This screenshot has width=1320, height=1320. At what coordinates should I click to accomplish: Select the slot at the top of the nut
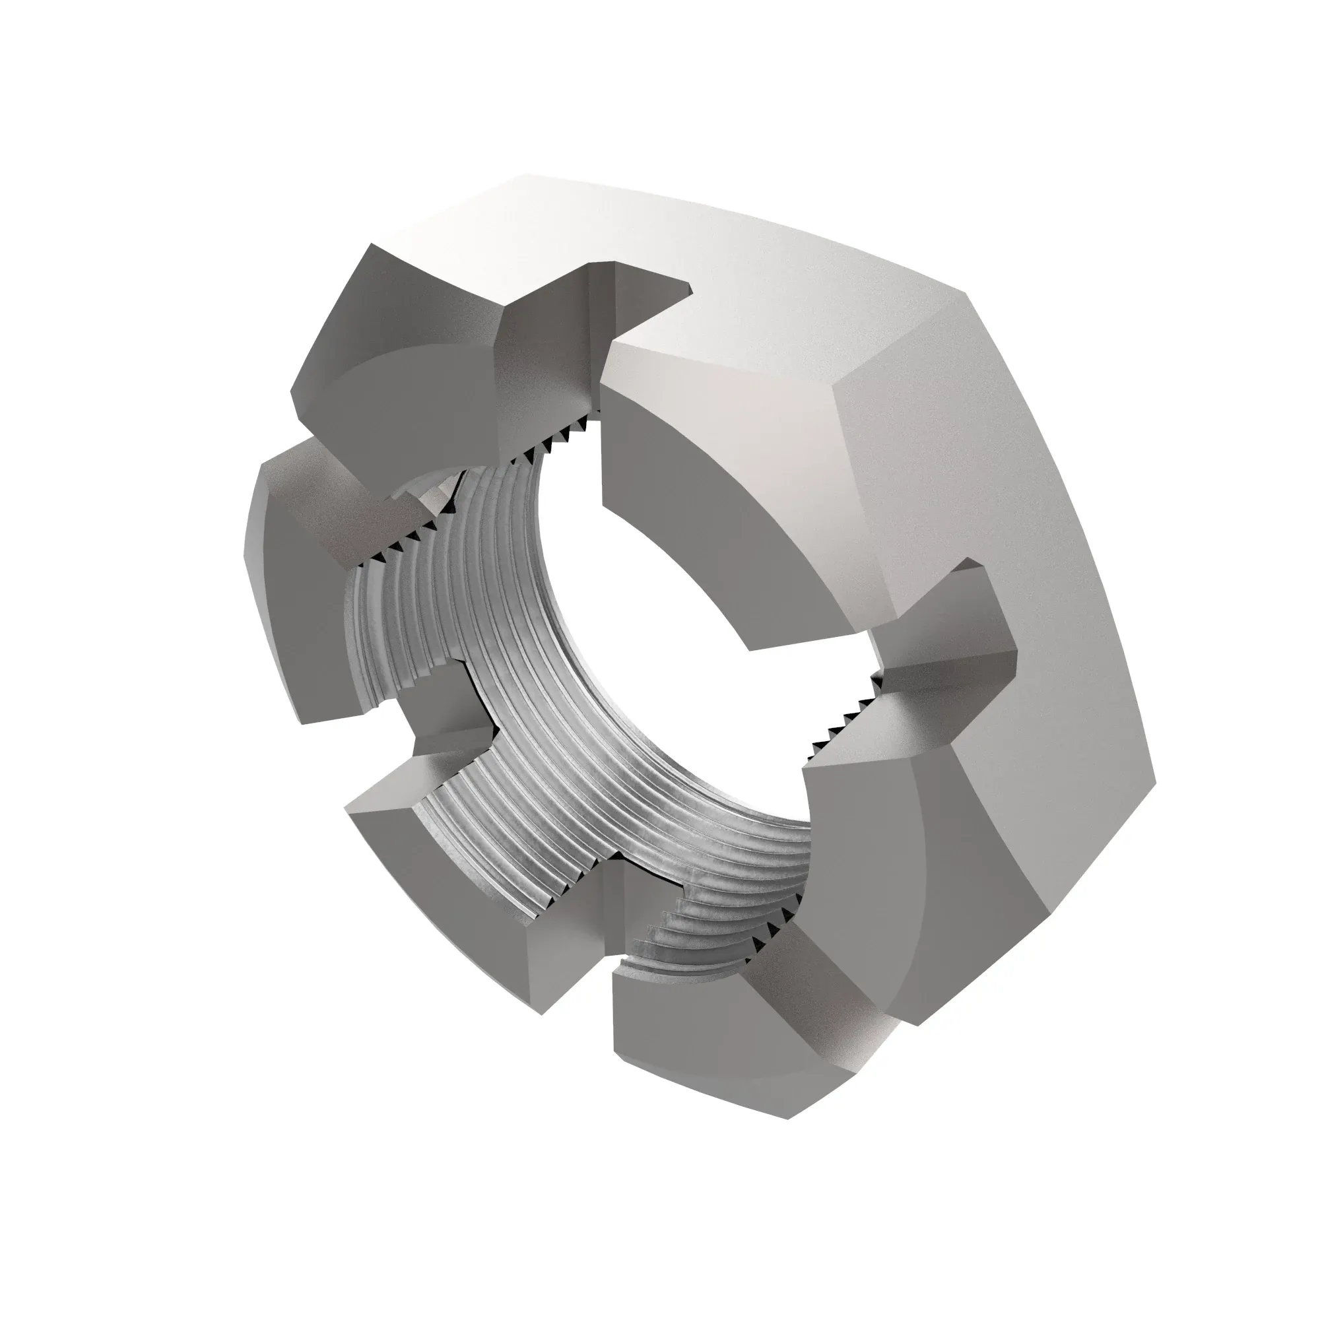[587, 328]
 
